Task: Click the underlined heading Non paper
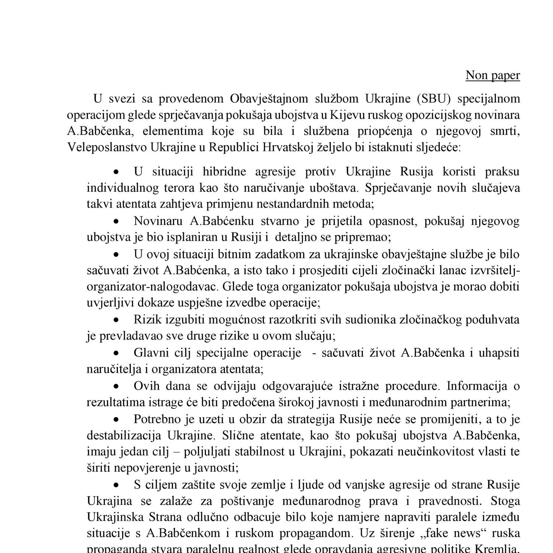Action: point(493,75)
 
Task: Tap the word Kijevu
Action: point(346,115)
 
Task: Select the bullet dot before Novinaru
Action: point(116,222)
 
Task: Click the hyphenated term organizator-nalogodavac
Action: point(153,286)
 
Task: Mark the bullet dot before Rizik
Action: point(116,320)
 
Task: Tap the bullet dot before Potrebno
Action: point(116,420)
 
